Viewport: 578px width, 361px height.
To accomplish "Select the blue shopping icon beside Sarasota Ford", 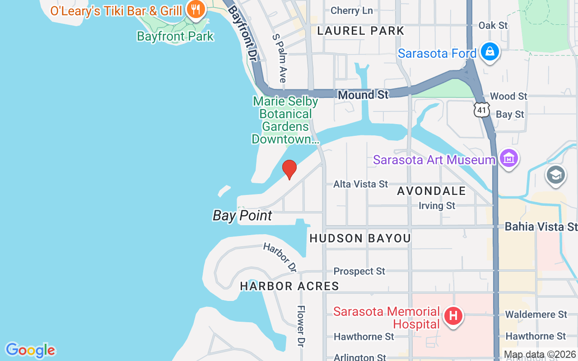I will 489,52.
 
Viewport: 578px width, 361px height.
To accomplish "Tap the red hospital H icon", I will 453,315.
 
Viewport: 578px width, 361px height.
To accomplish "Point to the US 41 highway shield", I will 482,110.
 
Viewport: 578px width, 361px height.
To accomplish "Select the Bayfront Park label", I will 175,36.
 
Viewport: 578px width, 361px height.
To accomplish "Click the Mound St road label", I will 363,95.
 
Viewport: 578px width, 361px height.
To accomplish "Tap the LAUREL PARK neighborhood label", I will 360,31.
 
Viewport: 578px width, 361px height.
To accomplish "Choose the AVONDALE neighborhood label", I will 431,191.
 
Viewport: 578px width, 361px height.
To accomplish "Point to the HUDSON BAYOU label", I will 360,238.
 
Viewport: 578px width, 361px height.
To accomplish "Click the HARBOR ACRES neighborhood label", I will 289,286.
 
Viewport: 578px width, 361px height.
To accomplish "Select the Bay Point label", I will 242,216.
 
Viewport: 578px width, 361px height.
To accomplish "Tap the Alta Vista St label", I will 360,184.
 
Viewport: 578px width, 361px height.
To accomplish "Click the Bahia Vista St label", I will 541,227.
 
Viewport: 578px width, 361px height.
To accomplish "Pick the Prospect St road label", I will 359,271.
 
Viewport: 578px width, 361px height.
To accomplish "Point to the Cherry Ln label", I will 351,10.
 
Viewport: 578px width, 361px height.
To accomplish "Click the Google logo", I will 30,350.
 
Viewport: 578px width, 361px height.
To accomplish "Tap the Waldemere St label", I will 536,314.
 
